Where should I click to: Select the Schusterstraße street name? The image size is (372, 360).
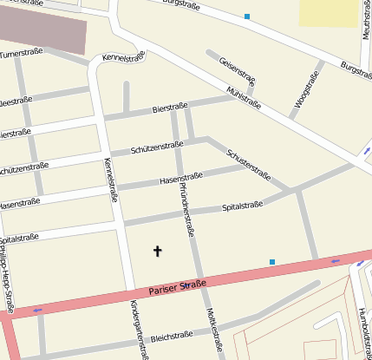point(248,163)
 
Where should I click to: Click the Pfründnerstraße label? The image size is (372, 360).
point(185,207)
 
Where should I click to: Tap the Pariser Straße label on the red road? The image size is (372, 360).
point(177,286)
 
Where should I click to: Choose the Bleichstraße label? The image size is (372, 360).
point(171,337)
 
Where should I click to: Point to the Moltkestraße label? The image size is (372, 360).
point(213,333)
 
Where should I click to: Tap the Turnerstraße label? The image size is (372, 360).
point(21,55)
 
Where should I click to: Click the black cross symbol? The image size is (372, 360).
point(158,252)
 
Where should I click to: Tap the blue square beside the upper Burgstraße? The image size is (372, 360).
point(247,16)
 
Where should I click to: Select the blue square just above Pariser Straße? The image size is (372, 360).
point(271,261)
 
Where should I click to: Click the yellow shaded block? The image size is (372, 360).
point(329,12)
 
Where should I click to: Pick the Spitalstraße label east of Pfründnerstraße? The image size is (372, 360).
point(242,206)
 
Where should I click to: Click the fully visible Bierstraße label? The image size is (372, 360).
point(169,109)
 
